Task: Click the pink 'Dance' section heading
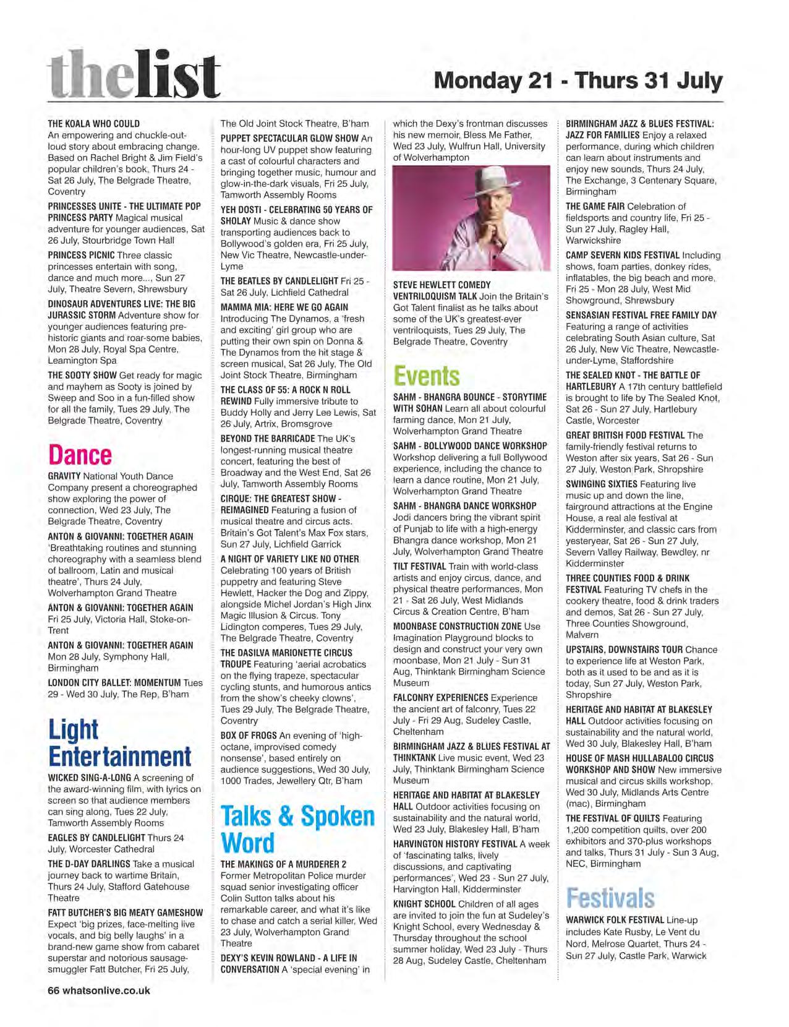pyautogui.click(x=80, y=455)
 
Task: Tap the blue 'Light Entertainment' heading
pyautogui.click(x=119, y=743)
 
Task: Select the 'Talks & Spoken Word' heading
pyautogui.click(x=297, y=829)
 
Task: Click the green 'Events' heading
pyautogui.click(x=427, y=376)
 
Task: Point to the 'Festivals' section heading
pyautogui.click(x=610, y=898)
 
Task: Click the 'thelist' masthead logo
pyautogui.click(x=134, y=76)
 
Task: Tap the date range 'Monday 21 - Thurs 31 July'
pyautogui.click(x=578, y=81)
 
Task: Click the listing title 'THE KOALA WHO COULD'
pyautogui.click(x=93, y=124)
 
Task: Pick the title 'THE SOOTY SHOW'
pyautogui.click(x=82, y=376)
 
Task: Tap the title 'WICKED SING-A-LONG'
pyautogui.click(x=89, y=778)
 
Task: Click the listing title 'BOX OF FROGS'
pyautogui.click(x=249, y=736)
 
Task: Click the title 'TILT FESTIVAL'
pyautogui.click(x=419, y=566)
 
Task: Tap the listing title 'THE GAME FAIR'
pyautogui.click(x=595, y=207)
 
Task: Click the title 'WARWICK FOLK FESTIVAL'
pyautogui.click(x=615, y=921)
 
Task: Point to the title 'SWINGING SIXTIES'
pyautogui.click(x=601, y=484)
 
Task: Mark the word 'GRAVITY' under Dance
pyautogui.click(x=64, y=476)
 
